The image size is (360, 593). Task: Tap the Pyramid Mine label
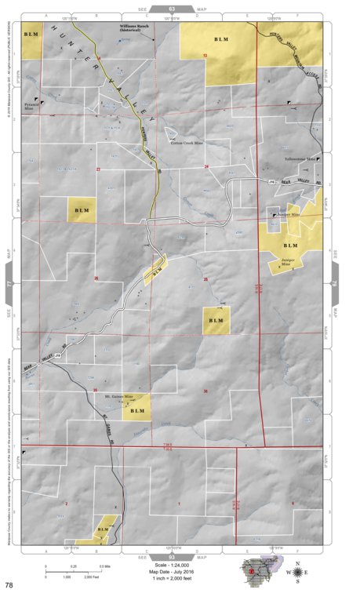coord(31,105)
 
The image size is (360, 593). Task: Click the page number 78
coord(9,585)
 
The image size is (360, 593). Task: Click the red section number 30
coord(205,391)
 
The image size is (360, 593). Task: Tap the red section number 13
coord(205,56)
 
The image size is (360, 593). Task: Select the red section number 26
coord(96,278)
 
